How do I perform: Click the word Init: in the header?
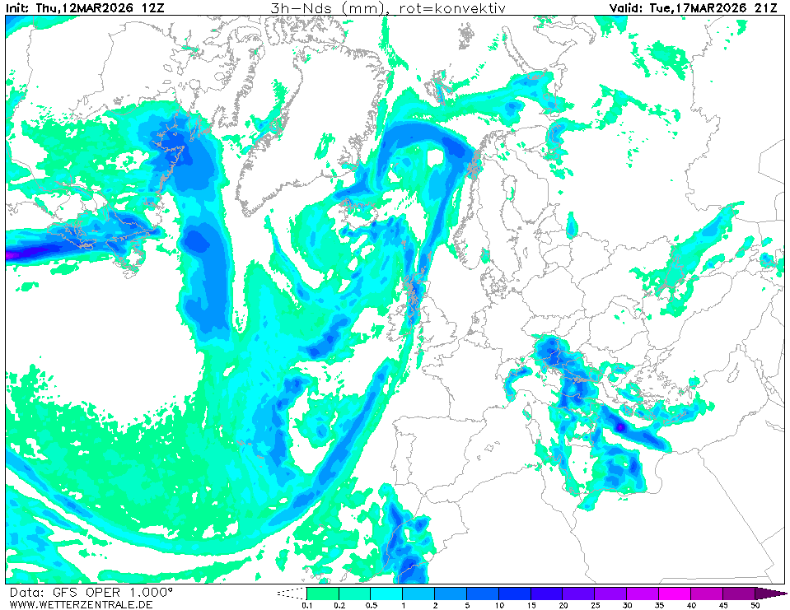click(x=18, y=8)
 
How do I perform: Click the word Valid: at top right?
click(x=625, y=8)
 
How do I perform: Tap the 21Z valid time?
click(x=764, y=8)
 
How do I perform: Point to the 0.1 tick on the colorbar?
click(x=306, y=605)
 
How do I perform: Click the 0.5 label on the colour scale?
click(x=370, y=605)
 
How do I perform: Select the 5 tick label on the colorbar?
click(x=466, y=605)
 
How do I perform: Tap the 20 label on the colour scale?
click(x=563, y=605)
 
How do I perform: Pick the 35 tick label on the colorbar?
click(x=659, y=605)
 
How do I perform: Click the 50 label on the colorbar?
click(x=755, y=605)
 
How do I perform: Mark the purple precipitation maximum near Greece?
click(x=619, y=427)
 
